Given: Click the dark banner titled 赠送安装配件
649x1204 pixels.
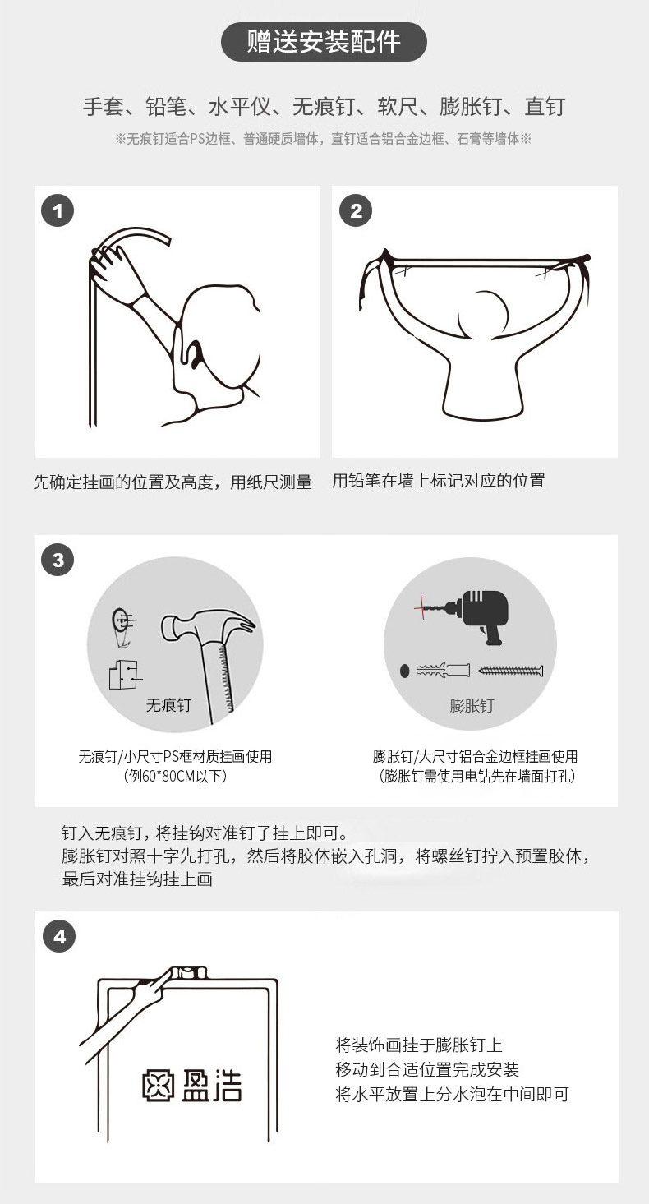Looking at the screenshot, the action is (324, 42).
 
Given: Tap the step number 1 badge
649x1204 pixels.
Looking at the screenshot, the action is (58, 210).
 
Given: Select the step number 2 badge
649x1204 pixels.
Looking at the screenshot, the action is (355, 210).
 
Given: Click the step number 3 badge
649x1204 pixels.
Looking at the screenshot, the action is (58, 560).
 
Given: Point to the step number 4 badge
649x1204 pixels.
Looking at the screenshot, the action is (59, 937).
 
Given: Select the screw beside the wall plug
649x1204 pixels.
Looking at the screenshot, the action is (510, 671).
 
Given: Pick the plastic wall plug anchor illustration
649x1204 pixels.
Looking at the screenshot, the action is (443, 671).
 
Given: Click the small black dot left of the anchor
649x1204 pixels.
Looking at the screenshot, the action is (404, 671).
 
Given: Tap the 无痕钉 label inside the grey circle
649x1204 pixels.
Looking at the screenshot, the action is (168, 705).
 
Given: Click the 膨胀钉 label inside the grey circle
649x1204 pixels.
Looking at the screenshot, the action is (472, 705).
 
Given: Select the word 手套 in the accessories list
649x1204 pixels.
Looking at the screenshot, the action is (104, 106).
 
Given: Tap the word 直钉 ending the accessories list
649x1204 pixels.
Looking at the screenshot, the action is (545, 106).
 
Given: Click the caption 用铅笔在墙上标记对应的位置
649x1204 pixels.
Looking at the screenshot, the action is (439, 480).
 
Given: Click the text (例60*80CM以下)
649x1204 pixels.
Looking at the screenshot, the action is (175, 776).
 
